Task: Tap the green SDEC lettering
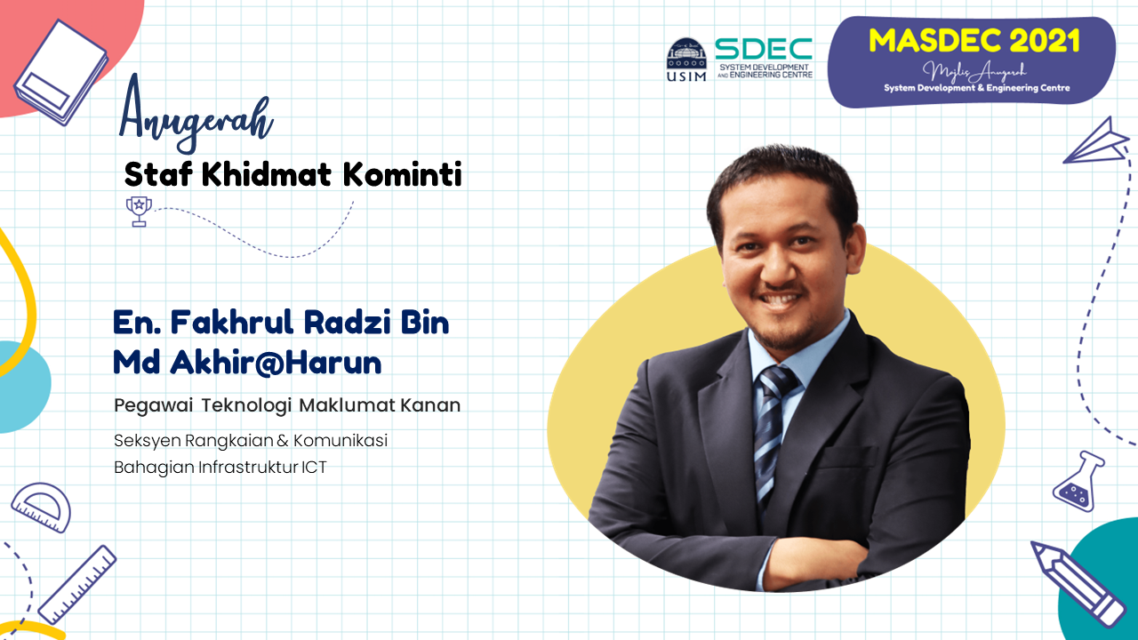point(764,49)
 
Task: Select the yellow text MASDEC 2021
point(974,41)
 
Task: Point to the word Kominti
point(403,174)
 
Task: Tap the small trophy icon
point(139,211)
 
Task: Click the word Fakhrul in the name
point(232,323)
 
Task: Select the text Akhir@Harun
point(276,362)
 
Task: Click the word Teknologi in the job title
point(246,405)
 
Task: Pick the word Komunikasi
point(341,440)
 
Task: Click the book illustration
point(61,73)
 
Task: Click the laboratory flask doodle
point(1078,482)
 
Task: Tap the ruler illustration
point(77,585)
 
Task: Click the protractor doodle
point(42,508)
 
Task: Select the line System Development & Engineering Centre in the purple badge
point(976,88)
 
